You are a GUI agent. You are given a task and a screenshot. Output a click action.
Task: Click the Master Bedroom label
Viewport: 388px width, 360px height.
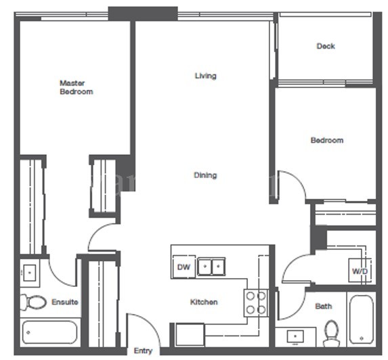[x=76, y=87]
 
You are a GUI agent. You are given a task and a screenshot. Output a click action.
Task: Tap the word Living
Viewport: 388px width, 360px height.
[x=205, y=76]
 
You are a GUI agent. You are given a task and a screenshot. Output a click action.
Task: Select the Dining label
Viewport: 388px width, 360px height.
[x=205, y=175]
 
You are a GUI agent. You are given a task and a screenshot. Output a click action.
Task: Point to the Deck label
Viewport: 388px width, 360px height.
[x=326, y=47]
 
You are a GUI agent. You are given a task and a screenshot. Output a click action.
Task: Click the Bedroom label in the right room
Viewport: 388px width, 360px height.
[x=326, y=141]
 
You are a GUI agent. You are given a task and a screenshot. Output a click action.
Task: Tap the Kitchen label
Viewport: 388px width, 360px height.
[x=203, y=302]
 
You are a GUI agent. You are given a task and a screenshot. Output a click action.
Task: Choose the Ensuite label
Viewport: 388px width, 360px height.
[x=65, y=302]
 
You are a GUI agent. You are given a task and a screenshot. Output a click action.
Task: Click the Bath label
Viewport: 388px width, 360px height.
[x=324, y=306]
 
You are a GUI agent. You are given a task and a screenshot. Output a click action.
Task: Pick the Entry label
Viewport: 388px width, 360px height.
[x=143, y=351]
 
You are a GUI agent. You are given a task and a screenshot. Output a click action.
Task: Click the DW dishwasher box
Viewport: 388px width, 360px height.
[x=184, y=267]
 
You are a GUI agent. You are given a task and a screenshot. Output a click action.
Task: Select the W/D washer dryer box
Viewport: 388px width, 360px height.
[x=360, y=271]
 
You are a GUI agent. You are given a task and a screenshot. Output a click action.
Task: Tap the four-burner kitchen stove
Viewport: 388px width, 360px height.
[x=255, y=302]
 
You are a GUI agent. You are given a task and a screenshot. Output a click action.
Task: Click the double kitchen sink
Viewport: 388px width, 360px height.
[x=210, y=267]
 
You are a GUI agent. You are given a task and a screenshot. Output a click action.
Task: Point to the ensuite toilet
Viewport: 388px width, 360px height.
[x=33, y=302]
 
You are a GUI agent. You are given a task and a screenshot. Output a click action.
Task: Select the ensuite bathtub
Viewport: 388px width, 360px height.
[x=49, y=332]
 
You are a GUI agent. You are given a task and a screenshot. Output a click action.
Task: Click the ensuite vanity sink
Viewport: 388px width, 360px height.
[x=30, y=273]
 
